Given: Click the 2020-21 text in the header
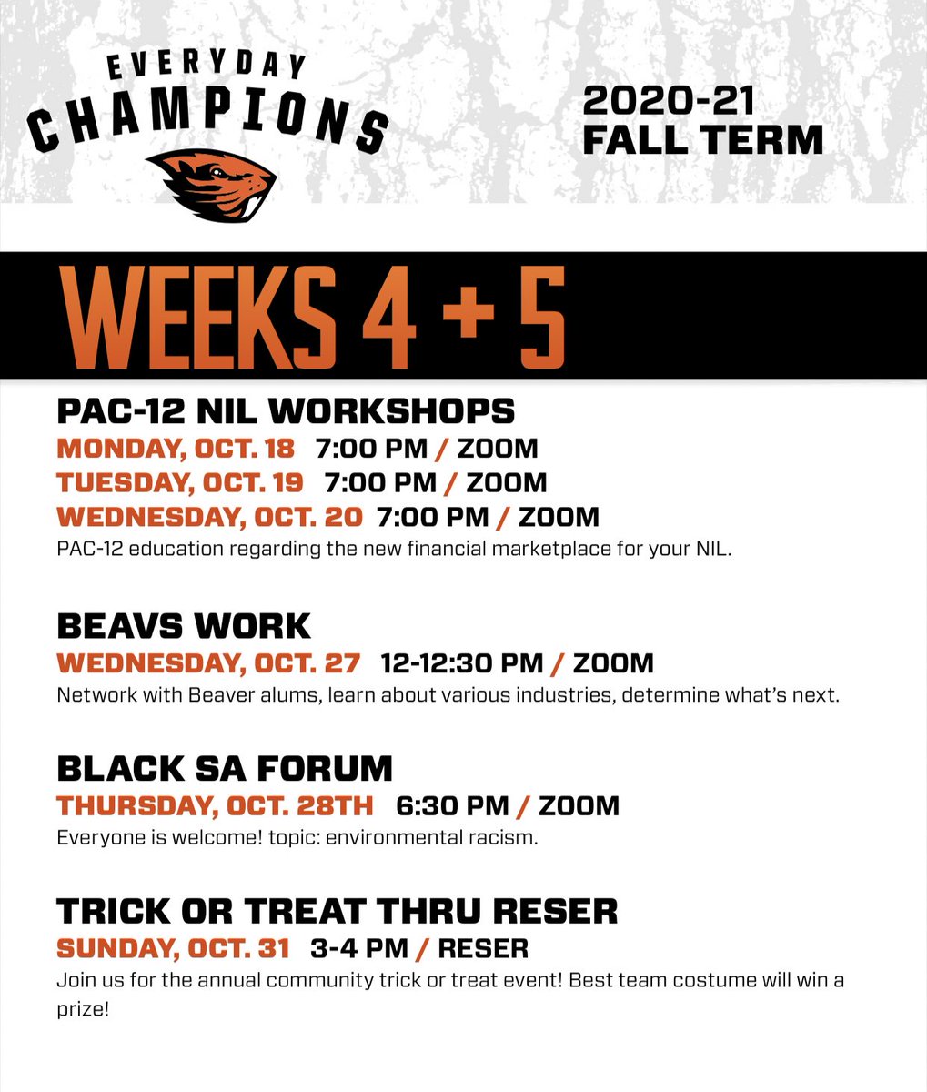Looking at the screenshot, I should click(x=669, y=101).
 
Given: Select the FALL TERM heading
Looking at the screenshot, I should click(x=702, y=141).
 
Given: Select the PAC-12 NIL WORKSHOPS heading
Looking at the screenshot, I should click(x=286, y=412).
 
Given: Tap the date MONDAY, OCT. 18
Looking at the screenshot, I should click(x=176, y=449).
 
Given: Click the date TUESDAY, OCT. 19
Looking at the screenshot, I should click(x=180, y=482).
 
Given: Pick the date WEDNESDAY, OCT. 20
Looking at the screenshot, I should click(x=209, y=517).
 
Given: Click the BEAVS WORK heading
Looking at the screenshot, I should click(x=184, y=626).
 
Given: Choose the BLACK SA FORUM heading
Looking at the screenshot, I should click(x=225, y=769).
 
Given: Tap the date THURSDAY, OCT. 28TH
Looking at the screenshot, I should click(x=215, y=806).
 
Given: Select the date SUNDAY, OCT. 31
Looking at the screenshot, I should click(x=173, y=949).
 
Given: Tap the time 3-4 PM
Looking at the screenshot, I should click(x=358, y=949).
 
